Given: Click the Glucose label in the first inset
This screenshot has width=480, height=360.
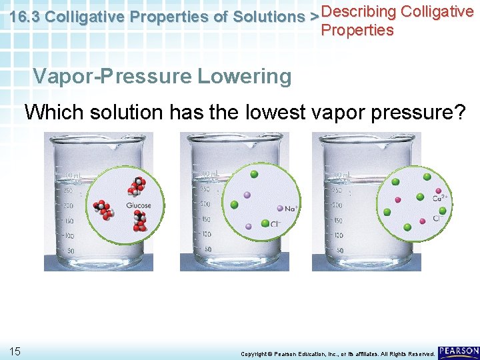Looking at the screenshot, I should [x=139, y=205].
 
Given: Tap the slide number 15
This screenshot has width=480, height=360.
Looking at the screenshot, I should [x=15, y=351].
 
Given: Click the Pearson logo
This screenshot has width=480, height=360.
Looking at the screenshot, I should [x=459, y=351].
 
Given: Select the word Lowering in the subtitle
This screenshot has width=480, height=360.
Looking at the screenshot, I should [x=244, y=77].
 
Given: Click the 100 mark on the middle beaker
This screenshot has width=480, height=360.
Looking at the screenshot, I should [x=207, y=235].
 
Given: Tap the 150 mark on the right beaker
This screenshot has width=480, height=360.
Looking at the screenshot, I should [x=339, y=220].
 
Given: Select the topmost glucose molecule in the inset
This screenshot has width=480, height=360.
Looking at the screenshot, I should [x=139, y=183].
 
